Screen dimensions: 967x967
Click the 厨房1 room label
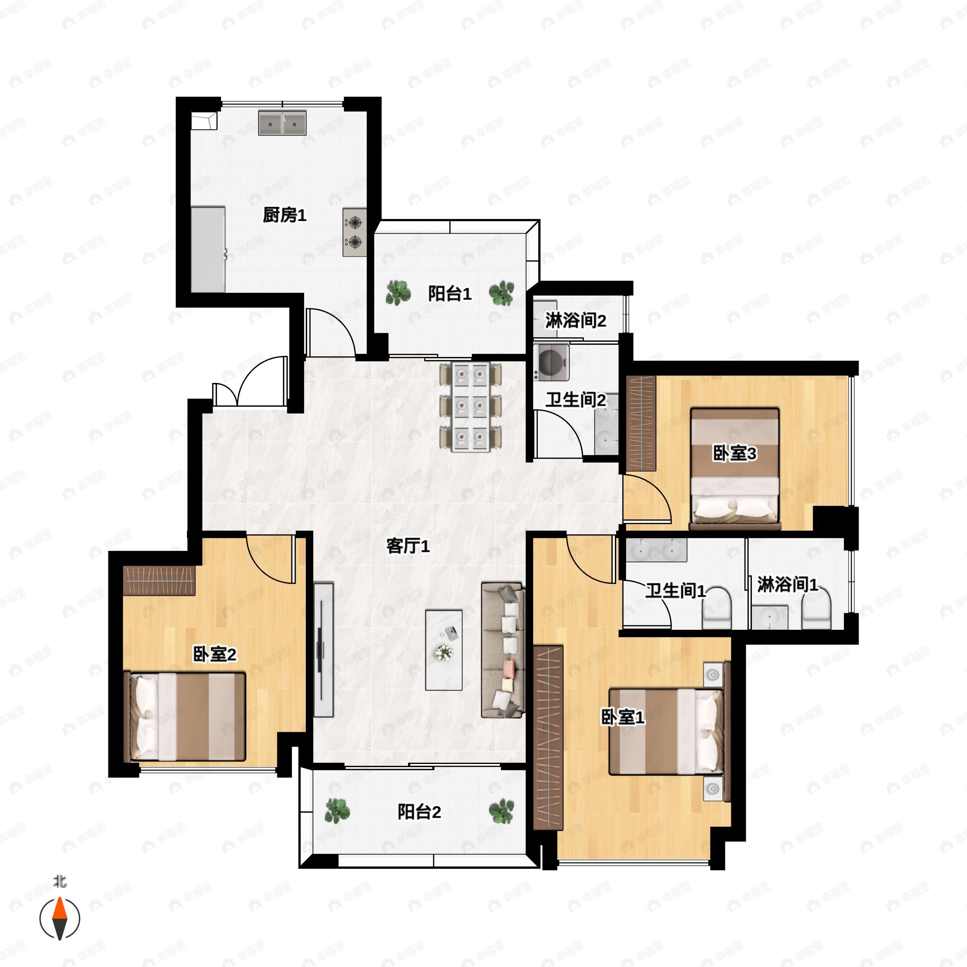point(284,215)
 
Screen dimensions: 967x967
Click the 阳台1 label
point(450,294)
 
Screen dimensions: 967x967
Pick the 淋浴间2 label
point(576,320)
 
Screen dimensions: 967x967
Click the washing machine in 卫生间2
point(551,361)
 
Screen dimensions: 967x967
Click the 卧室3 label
point(734,453)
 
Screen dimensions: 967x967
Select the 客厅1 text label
point(408,546)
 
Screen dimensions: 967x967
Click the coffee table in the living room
point(444,650)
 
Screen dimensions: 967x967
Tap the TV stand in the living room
point(323,650)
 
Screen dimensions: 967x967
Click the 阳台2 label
point(419,812)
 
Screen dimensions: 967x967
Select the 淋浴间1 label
point(787,584)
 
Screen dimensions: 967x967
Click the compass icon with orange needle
point(60,919)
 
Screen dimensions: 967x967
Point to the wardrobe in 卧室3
point(641,423)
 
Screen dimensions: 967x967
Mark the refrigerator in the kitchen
point(208,249)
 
